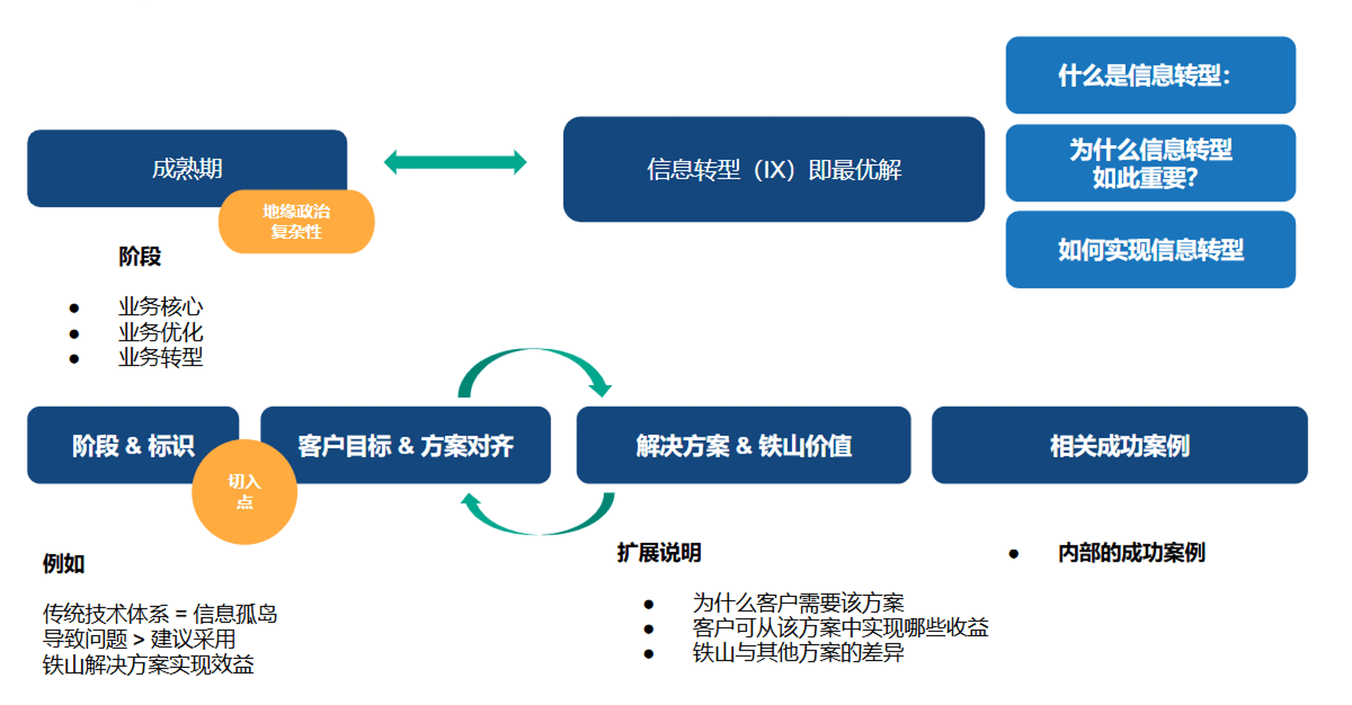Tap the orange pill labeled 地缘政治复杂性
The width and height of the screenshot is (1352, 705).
pos(296,222)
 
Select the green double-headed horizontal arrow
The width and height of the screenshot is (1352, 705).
pos(455,162)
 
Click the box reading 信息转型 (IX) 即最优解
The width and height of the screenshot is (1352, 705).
pos(774,169)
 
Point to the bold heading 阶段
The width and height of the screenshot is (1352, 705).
pos(140,257)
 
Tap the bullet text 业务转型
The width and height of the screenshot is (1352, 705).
pos(161,358)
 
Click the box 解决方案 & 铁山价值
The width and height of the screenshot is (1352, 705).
pos(743,446)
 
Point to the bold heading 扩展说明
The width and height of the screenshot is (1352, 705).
pos(659,552)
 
